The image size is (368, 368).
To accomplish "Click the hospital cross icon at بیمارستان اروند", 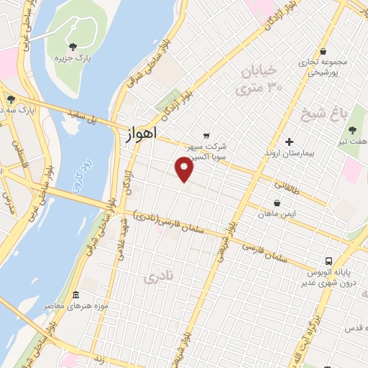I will [289, 142].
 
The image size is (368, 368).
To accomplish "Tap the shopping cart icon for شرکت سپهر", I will [206, 134].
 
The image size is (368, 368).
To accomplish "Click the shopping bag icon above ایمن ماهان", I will [277, 203].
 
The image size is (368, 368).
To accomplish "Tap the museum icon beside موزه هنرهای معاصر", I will [76, 295].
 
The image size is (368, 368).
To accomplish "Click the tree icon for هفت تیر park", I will [352, 130].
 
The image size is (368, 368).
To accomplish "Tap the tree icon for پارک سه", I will [10, 99].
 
